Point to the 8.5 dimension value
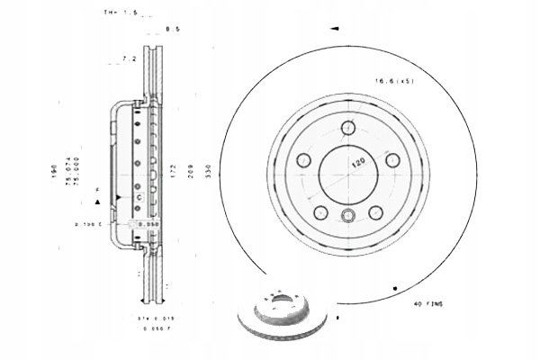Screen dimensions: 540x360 [x=173, y=31]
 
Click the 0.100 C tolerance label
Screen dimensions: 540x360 [x=88, y=220]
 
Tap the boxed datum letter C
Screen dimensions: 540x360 [x=139, y=195]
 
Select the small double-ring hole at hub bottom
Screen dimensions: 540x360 [x=347, y=214]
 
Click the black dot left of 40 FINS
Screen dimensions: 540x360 [x=395, y=287]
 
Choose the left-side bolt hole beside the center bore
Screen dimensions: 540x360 [x=302, y=160]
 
